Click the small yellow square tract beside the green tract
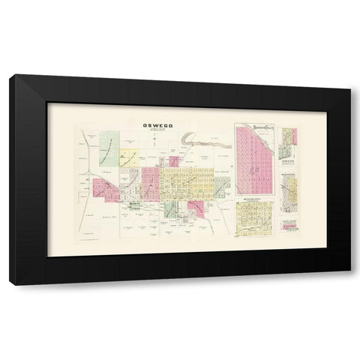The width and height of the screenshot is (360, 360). [x=132, y=157]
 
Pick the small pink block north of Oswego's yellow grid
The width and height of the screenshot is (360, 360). [x=174, y=160]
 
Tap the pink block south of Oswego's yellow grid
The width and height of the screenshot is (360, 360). [x=196, y=208]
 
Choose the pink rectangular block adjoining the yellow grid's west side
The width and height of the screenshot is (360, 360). [x=150, y=181]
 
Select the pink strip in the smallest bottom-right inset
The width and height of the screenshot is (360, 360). [x=289, y=228]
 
